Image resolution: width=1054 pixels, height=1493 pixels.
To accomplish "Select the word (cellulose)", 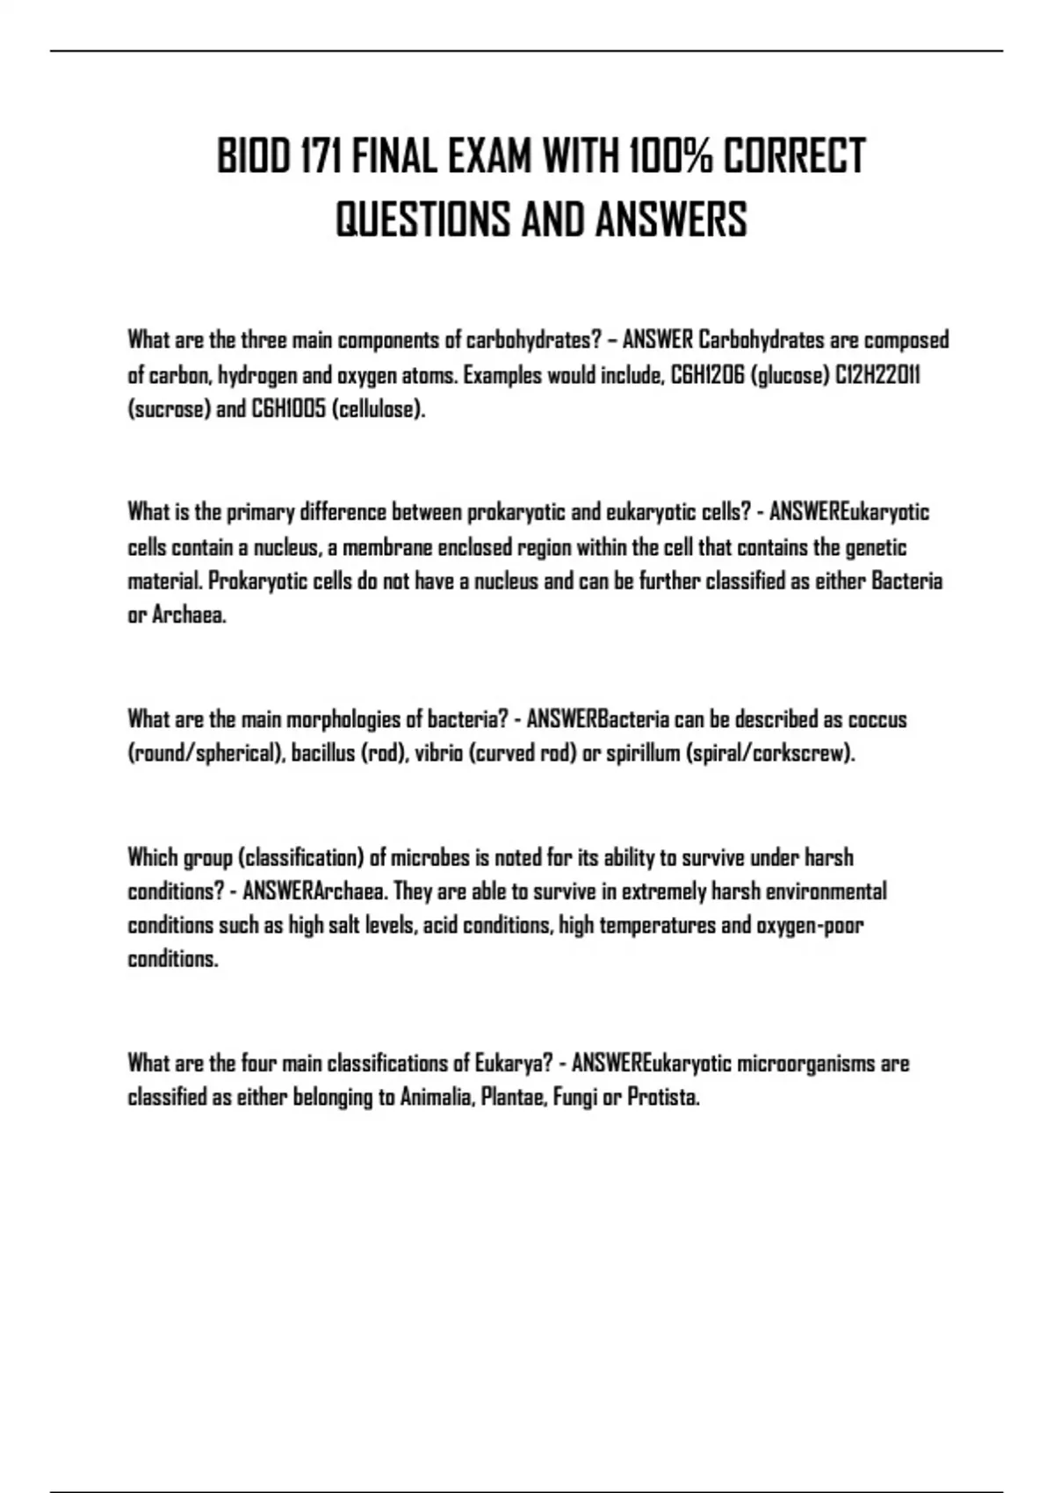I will tap(379, 410).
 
